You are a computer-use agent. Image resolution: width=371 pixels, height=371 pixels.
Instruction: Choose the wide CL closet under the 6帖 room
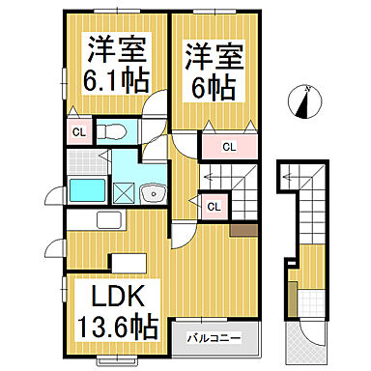228,147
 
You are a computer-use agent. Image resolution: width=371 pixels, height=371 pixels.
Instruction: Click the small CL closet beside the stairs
213,205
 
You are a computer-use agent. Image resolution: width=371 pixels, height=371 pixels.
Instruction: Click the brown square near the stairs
240,229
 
